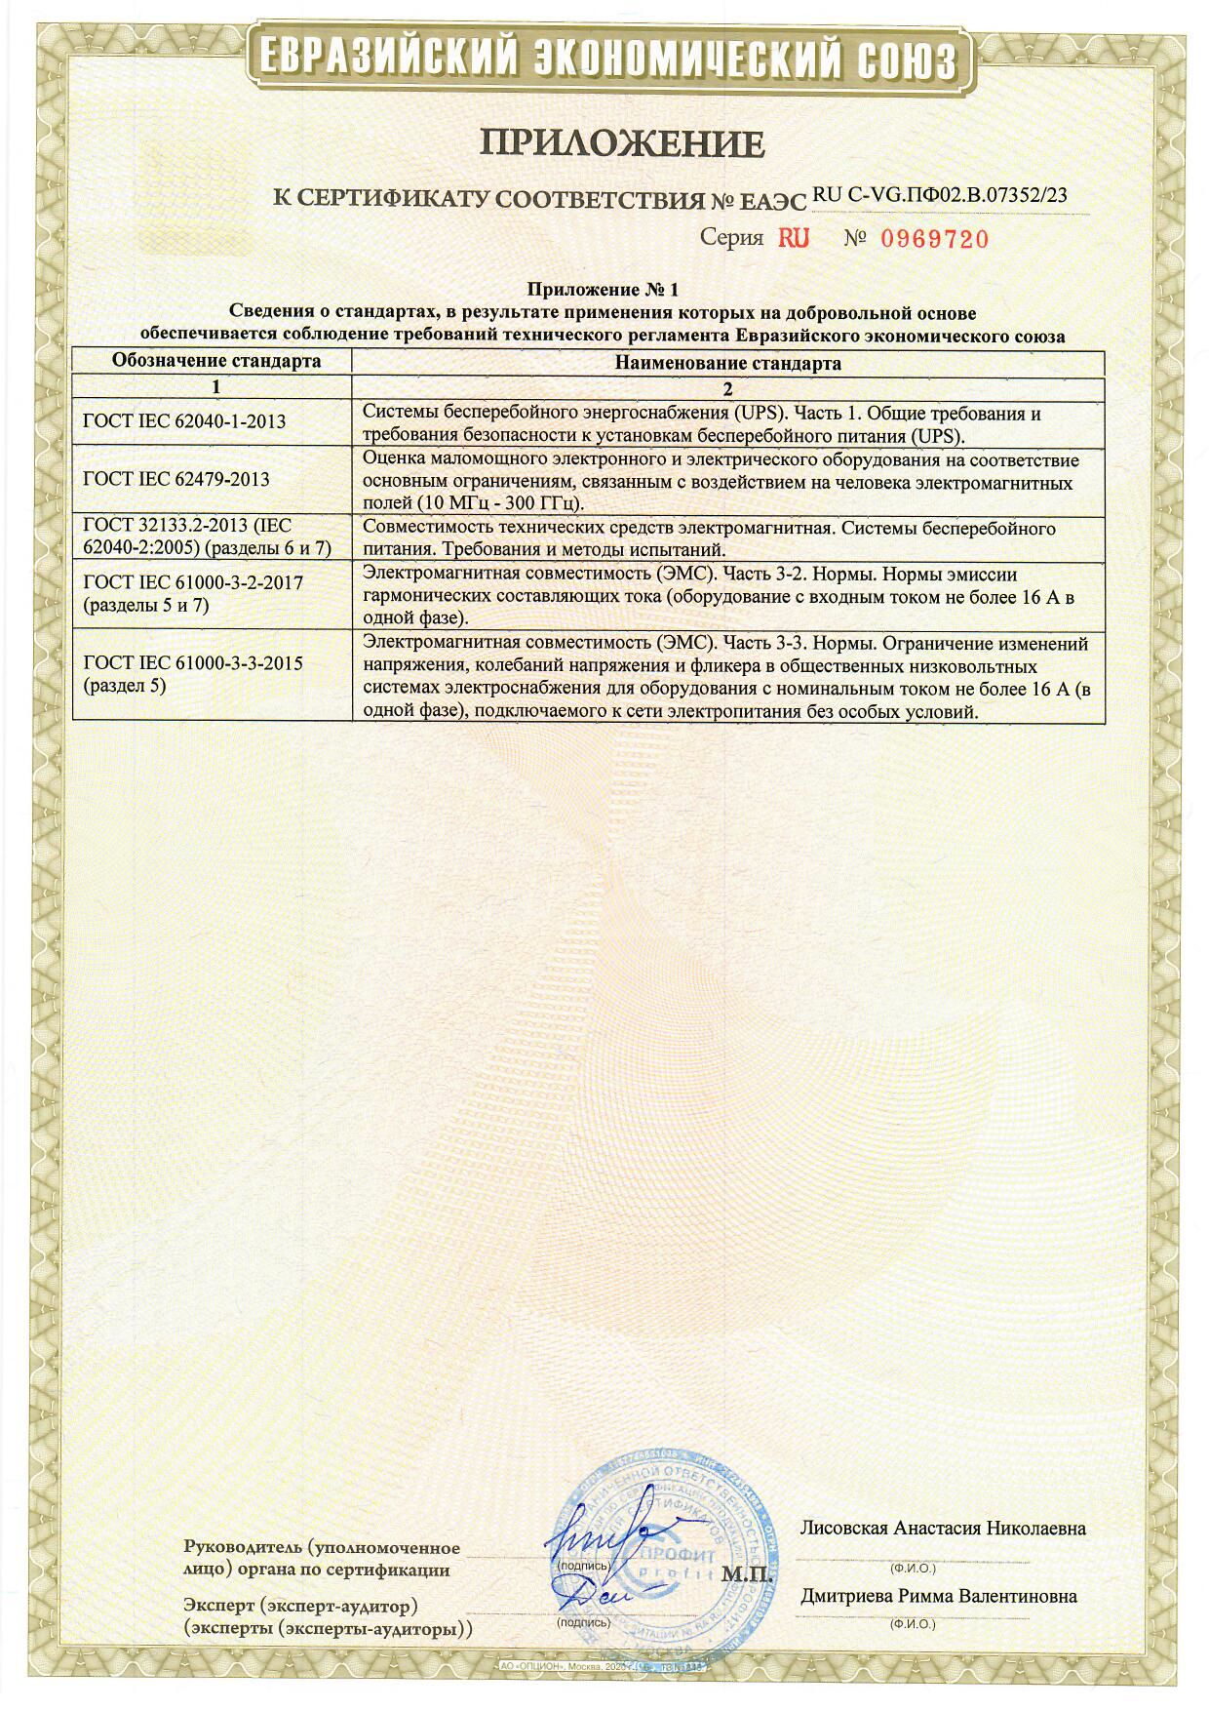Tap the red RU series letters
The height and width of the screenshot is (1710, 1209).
point(794,238)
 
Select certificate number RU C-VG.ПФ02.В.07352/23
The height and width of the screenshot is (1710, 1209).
point(939,195)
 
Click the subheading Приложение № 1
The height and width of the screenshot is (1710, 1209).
point(602,290)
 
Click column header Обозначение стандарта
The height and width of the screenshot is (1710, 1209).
point(216,361)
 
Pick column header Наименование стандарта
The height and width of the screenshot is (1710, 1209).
point(728,363)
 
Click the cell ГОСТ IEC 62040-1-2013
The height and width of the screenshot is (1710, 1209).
point(185,421)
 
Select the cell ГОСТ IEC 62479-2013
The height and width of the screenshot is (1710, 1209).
point(176,479)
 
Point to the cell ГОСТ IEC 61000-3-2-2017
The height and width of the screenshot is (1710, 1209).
point(193,593)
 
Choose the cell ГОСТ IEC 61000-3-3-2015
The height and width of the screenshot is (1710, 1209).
point(193,673)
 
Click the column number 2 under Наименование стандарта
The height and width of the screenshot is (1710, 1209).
point(727,386)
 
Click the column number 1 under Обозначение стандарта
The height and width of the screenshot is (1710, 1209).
point(216,386)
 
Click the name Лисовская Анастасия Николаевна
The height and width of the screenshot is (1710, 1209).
point(942,1528)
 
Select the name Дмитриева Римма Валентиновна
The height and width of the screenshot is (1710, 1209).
point(939,1596)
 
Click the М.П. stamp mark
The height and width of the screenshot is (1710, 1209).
point(747,1574)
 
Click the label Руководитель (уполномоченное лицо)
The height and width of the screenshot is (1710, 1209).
point(321,1558)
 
